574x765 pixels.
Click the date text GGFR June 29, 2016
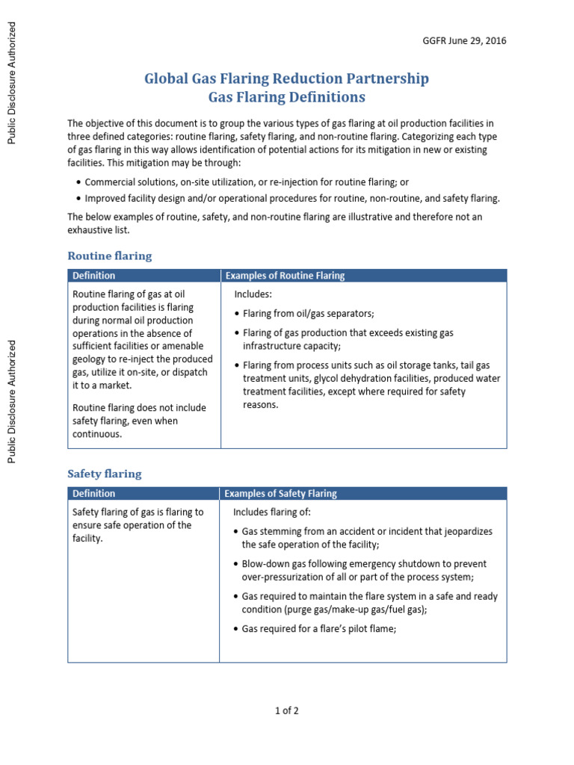pos(464,41)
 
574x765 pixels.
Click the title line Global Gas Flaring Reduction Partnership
pos(286,78)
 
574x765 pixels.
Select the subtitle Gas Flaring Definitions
pos(286,97)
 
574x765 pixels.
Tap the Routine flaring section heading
pos(109,255)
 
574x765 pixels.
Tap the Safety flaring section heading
pos(104,474)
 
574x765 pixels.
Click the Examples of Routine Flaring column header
pos(285,276)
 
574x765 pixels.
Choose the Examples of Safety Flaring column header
pos(280,493)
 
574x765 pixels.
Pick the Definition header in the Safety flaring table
pos(94,493)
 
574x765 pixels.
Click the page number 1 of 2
pos(286,710)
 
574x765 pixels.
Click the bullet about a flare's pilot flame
pos(318,629)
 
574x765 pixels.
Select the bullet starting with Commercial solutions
pos(247,182)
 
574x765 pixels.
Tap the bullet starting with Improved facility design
pos(291,199)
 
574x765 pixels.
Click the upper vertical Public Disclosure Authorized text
pos(11,82)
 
